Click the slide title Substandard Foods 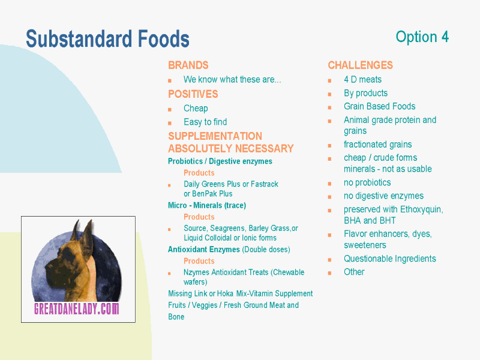[x=107, y=39]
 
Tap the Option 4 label [x=422, y=37]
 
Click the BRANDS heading [x=188, y=65]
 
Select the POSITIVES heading [x=193, y=94]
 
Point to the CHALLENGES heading [x=361, y=65]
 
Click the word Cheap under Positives [x=196, y=109]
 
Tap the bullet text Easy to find [x=205, y=122]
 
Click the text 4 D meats [x=362, y=80]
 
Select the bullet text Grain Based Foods [x=379, y=106]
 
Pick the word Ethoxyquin [x=422, y=209]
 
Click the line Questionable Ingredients [x=389, y=259]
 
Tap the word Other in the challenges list [x=354, y=272]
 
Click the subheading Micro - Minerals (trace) [x=207, y=205]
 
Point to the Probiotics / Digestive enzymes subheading [x=220, y=161]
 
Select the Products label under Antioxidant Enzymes [x=199, y=261]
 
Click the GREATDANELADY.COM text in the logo [x=77, y=308]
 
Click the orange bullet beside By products [x=329, y=94]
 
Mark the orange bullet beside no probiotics [x=329, y=184]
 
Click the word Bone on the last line [x=176, y=317]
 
